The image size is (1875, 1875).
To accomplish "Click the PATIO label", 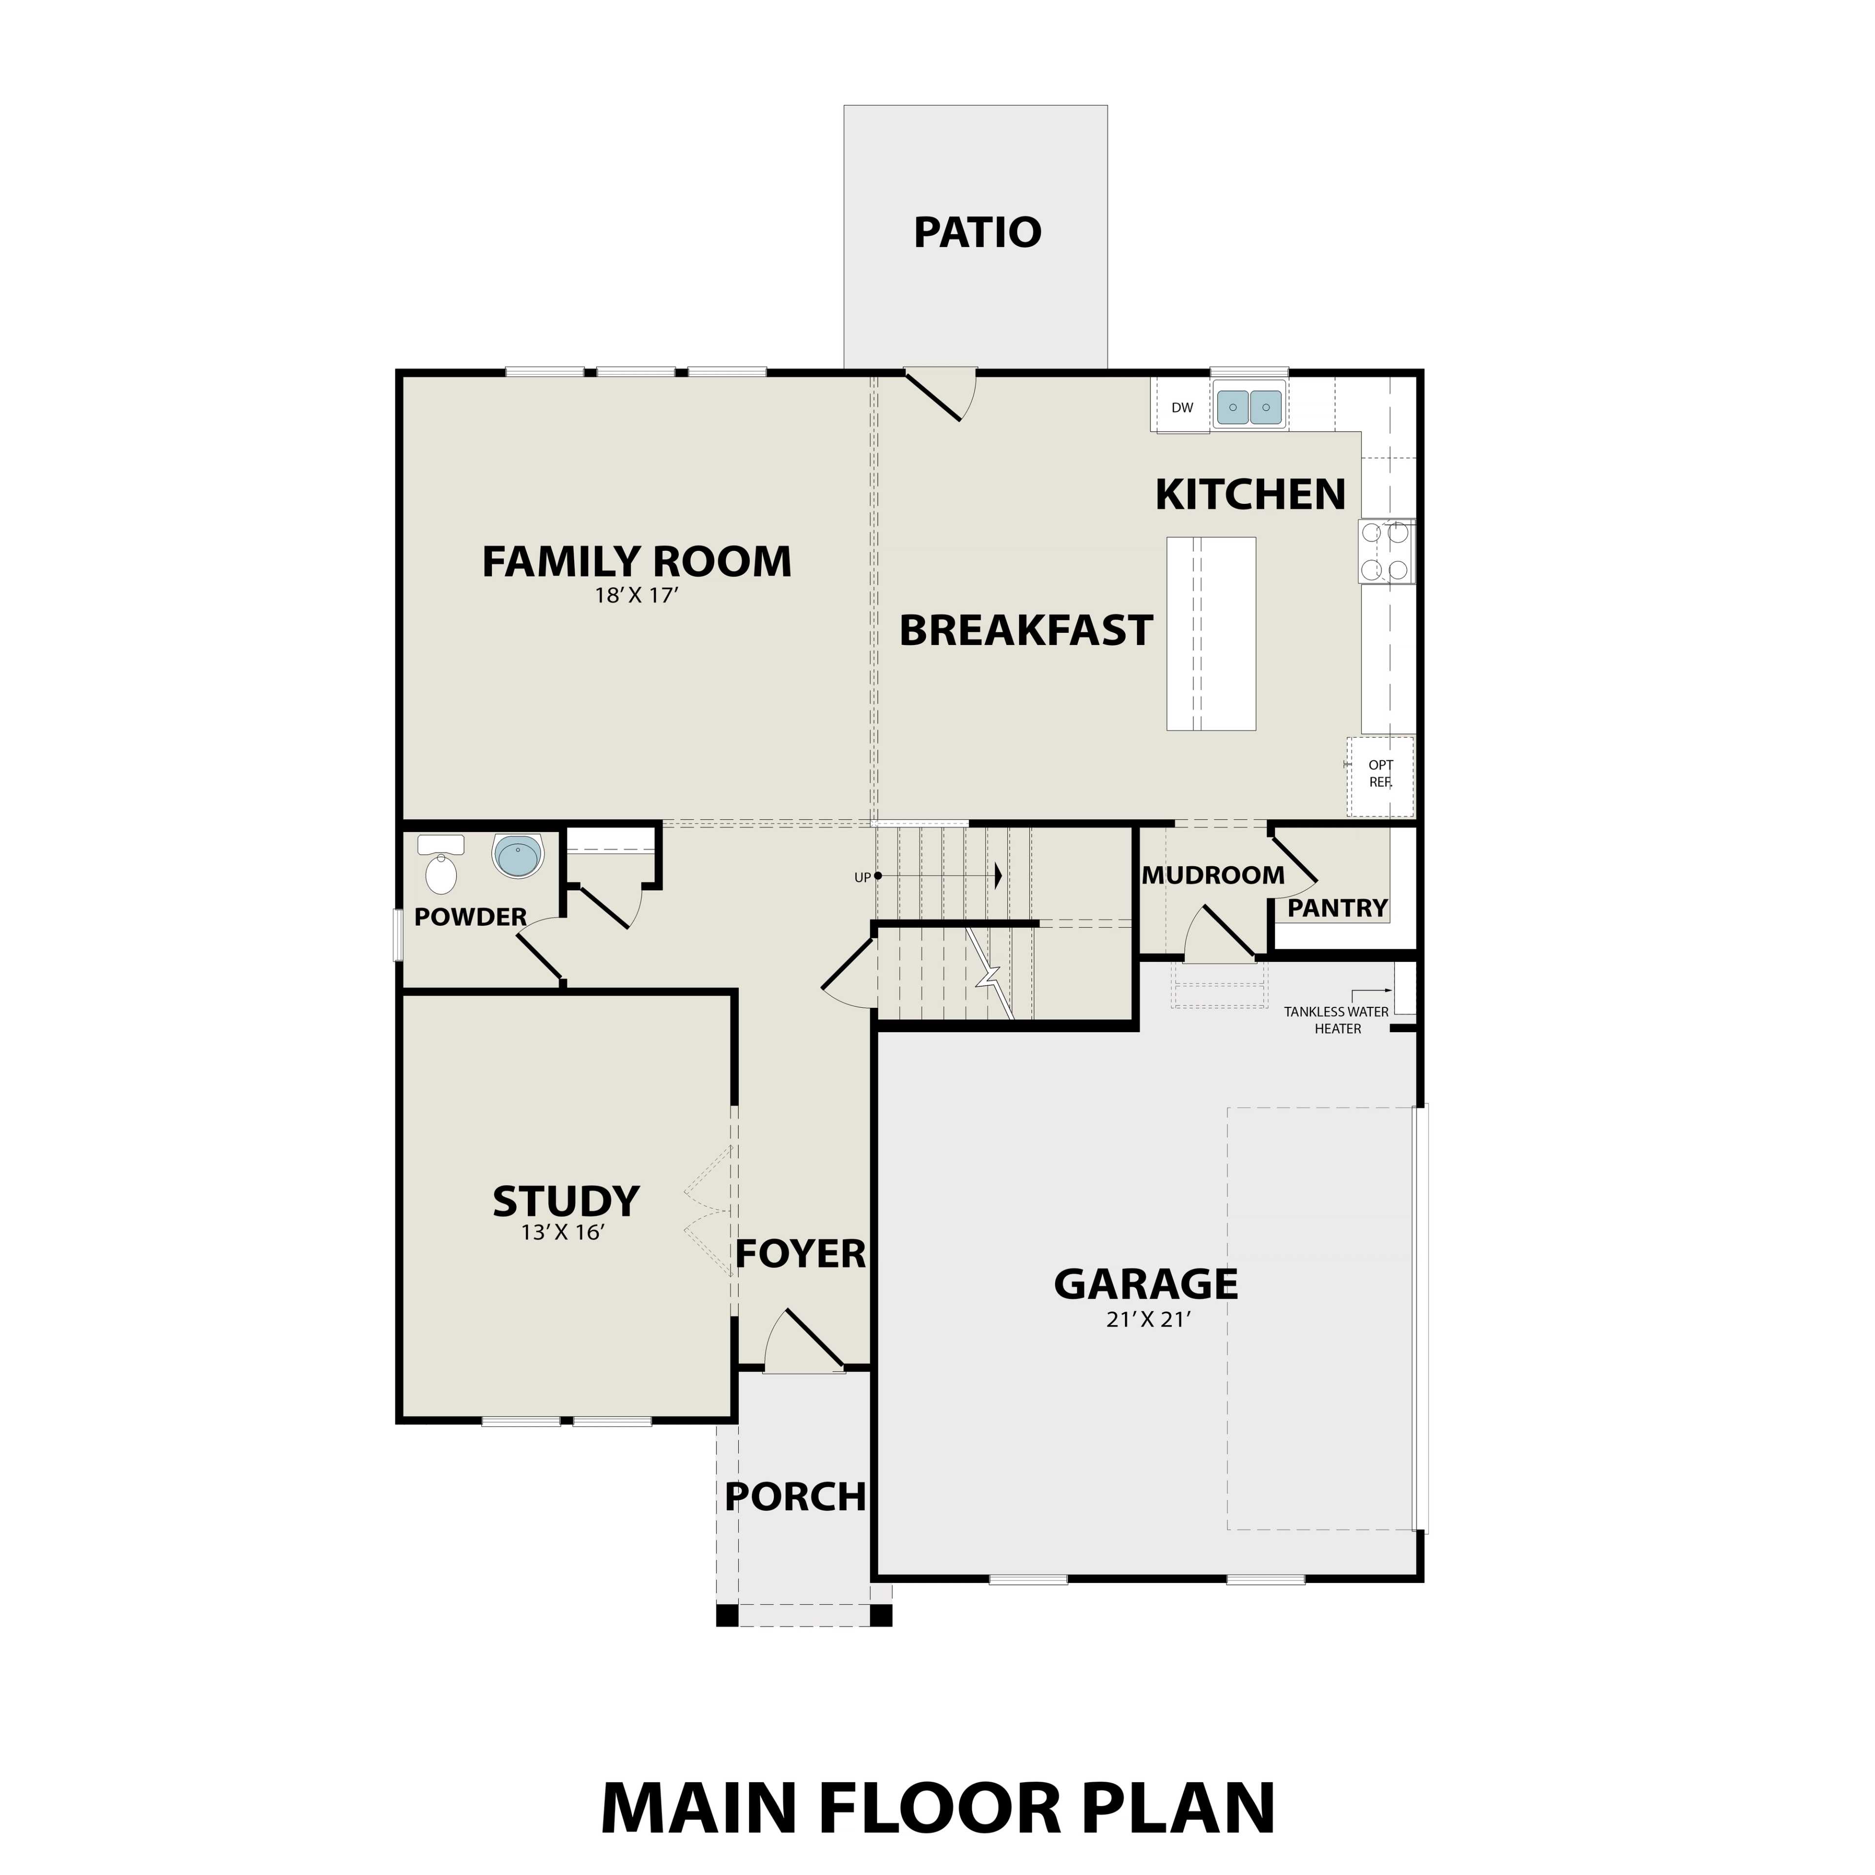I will click(977, 233).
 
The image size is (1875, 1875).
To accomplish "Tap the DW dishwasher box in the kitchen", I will click(1181, 408).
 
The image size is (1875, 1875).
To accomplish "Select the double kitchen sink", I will click(1249, 408).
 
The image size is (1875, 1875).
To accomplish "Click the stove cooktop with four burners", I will click(1386, 552).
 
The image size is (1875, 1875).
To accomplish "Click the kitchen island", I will click(1211, 634).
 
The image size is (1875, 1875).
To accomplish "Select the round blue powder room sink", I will click(518, 856).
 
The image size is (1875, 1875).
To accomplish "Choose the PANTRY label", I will click(1337, 908).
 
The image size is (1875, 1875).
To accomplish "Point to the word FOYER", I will click(800, 1255).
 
